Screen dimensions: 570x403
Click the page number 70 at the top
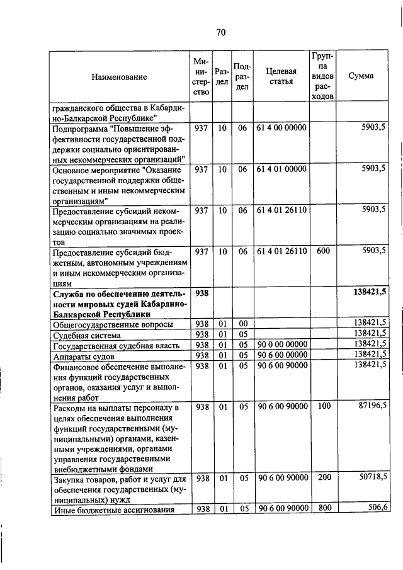click(220, 33)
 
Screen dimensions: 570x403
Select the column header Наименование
click(119, 77)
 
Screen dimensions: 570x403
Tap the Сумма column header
click(361, 76)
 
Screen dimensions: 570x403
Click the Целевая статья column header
click(281, 77)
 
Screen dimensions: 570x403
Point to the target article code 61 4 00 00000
click(281, 128)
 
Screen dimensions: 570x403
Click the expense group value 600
click(323, 251)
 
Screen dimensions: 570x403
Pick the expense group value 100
click(324, 407)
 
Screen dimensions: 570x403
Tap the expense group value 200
click(324, 478)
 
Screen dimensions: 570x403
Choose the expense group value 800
click(324, 508)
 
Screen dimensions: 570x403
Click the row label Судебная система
click(83, 334)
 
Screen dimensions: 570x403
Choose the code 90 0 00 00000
click(281, 345)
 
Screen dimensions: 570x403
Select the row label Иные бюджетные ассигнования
click(113, 510)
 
